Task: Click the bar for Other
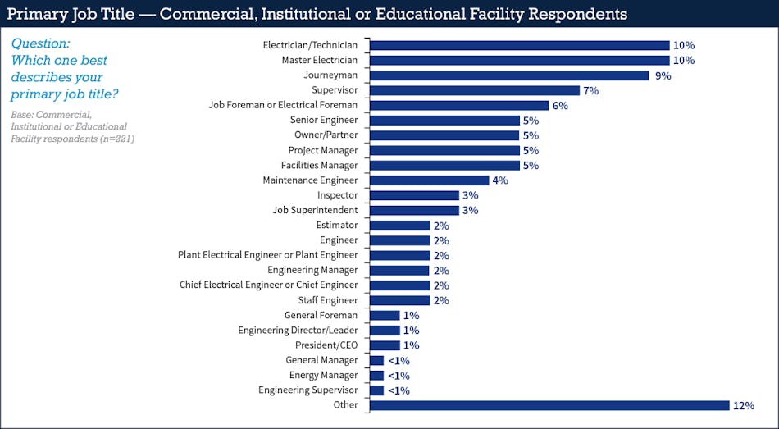(x=549, y=405)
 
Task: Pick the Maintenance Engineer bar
(x=430, y=180)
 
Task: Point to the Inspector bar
(x=414, y=195)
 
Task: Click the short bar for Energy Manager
(x=377, y=376)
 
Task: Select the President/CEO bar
(x=385, y=345)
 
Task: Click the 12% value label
(x=744, y=405)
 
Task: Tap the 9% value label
(x=662, y=75)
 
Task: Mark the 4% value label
(x=499, y=180)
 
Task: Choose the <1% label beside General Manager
(x=399, y=360)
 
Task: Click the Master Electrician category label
(x=320, y=60)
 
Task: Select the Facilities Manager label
(x=320, y=165)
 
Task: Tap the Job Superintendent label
(x=315, y=210)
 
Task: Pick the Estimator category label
(x=337, y=225)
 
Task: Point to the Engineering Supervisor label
(x=308, y=390)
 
